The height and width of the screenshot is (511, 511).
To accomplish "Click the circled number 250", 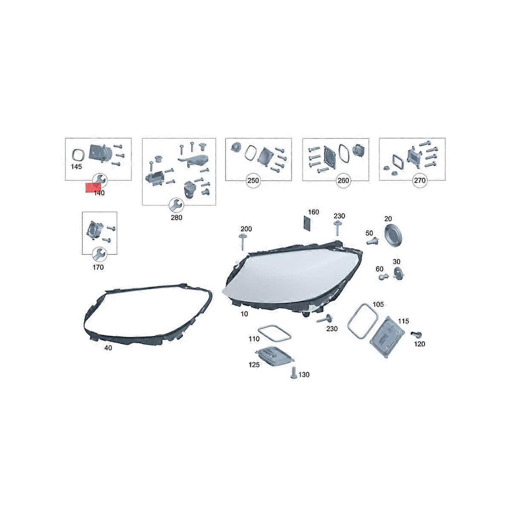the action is (x=253, y=181).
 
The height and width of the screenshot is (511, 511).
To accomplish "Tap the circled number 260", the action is (x=343, y=181).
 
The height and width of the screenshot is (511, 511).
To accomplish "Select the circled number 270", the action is (x=420, y=181).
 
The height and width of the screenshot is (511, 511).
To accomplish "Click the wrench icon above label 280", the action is (x=176, y=205).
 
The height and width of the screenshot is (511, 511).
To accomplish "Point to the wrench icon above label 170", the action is (x=99, y=254).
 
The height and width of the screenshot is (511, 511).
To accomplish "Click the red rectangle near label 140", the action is (x=93, y=187).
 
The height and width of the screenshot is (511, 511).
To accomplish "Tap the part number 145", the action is (x=76, y=167).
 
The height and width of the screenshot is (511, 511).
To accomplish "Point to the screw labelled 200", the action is (x=243, y=241).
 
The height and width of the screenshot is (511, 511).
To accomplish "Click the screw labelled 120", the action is (x=416, y=335).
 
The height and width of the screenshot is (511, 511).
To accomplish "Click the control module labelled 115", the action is (x=387, y=336).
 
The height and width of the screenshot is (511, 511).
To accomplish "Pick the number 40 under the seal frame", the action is (x=108, y=347).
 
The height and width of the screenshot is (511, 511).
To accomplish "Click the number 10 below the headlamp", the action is (x=244, y=314).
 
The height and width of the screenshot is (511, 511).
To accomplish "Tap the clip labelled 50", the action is (x=373, y=241).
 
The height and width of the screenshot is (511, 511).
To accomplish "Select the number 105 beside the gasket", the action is (x=378, y=304).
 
